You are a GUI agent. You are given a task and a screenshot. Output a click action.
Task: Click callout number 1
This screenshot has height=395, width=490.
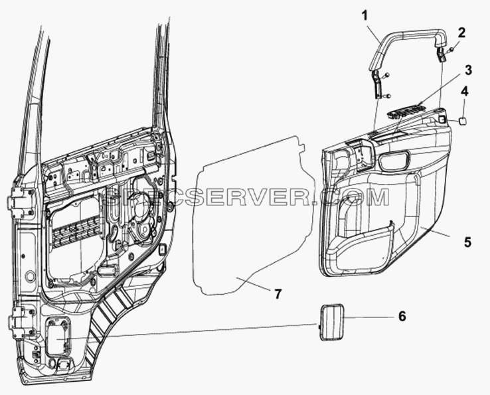tap(365, 15)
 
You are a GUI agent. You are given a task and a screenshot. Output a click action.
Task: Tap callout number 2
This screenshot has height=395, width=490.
tap(461, 33)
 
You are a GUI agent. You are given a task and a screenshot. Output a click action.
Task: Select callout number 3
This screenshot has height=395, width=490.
tap(467, 70)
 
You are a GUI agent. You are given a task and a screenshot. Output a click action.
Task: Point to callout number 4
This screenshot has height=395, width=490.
tap(465, 92)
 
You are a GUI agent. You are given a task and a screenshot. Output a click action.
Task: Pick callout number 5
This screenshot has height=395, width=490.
tap(467, 242)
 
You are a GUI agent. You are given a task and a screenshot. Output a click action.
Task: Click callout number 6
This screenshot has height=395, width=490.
tap(402, 316)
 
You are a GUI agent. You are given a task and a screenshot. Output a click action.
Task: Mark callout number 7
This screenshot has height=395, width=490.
tap(278, 293)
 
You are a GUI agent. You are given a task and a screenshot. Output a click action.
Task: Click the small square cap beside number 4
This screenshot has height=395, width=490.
tap(463, 121)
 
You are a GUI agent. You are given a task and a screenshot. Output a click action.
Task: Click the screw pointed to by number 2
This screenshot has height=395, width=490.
tap(452, 50)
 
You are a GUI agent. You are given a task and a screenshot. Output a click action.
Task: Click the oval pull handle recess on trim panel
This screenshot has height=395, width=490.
tap(394, 160)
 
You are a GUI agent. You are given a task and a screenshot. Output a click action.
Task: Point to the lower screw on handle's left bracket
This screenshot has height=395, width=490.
tap(386, 96)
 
